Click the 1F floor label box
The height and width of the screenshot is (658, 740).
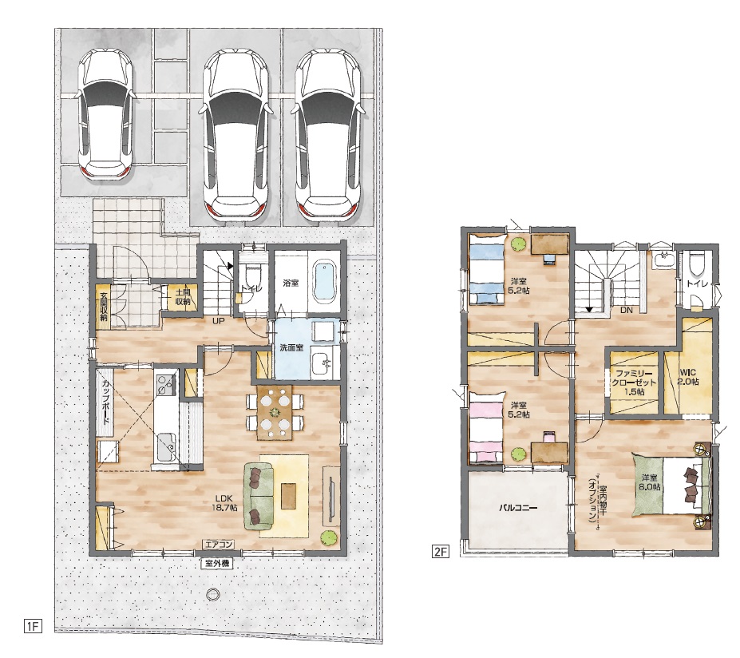(x=33, y=626)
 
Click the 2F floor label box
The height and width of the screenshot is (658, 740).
(x=440, y=551)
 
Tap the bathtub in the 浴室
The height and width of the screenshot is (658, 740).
(x=326, y=284)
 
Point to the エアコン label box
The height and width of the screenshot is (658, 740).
(x=219, y=545)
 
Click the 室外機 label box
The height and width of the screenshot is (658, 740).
(x=218, y=563)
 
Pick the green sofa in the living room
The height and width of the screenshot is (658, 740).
(x=259, y=496)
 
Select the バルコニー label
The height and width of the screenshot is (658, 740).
(x=518, y=509)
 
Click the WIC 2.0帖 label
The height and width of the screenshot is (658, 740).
(x=689, y=377)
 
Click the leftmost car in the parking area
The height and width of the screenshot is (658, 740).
(x=106, y=115)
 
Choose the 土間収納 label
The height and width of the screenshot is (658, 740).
(x=183, y=297)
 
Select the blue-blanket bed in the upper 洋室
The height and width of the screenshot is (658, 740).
(x=486, y=269)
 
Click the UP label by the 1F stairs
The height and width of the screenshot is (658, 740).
(x=219, y=321)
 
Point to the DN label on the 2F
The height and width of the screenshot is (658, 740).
(x=627, y=310)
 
